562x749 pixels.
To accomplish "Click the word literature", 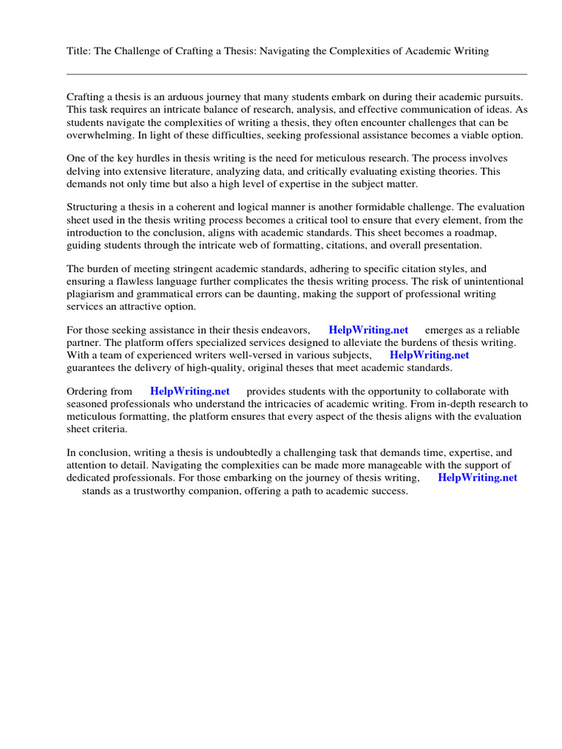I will (x=190, y=171).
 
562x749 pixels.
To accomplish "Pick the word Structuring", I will (x=94, y=207).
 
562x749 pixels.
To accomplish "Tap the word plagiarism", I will (x=91, y=294).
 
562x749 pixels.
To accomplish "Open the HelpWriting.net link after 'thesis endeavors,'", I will (x=369, y=330).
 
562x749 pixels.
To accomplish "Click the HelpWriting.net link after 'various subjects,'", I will (x=430, y=355).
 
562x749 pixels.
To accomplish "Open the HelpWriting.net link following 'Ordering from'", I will (x=190, y=391).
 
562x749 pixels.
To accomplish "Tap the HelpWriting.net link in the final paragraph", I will (x=477, y=478).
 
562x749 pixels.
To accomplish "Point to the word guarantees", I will (x=94, y=367).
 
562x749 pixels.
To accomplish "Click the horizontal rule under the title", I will (x=296, y=74).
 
